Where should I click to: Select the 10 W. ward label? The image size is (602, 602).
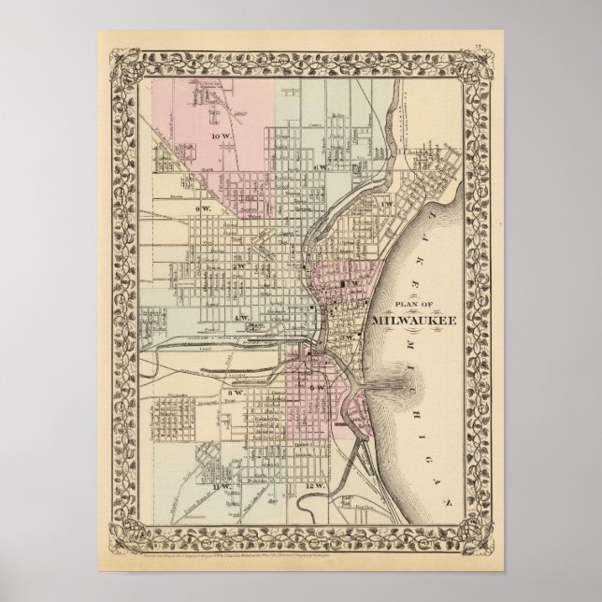point(221,137)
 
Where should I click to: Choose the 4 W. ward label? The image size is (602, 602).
point(241,318)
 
